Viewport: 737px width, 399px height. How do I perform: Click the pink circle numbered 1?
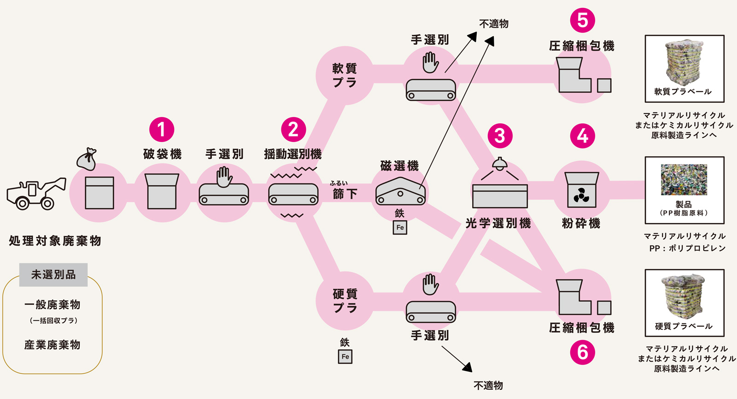(162, 129)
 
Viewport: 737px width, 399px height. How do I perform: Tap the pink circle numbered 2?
(293, 129)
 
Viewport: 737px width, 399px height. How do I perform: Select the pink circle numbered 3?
(500, 135)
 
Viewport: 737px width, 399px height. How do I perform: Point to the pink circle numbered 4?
(582, 135)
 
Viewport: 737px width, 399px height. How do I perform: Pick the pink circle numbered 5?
(582, 20)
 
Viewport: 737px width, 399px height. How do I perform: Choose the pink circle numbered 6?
(582, 352)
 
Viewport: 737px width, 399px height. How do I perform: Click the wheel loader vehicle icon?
(36, 194)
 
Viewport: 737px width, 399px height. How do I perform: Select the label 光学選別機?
(498, 223)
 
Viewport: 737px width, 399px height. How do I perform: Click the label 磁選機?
(399, 166)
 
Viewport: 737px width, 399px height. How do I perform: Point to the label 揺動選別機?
(293, 154)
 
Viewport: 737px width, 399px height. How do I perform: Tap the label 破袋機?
(162, 154)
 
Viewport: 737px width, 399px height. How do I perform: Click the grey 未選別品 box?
(53, 275)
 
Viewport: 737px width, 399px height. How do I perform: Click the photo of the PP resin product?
(684, 180)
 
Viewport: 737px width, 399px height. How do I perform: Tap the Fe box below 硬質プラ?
(345, 357)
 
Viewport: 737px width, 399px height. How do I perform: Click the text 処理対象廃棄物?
(55, 241)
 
